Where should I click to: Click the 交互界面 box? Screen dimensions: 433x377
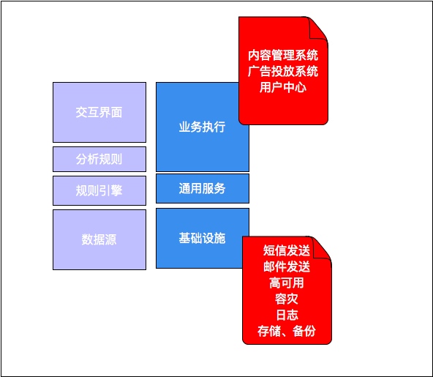(99, 112)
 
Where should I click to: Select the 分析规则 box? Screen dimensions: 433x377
(99, 159)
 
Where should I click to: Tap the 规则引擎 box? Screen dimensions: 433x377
(99, 191)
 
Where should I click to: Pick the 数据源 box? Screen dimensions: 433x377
(99, 239)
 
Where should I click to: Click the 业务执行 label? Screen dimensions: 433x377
(202, 127)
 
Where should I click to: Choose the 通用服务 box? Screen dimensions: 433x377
(203, 189)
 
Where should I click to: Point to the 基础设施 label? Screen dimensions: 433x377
(202, 238)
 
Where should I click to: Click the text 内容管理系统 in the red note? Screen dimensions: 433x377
(283, 56)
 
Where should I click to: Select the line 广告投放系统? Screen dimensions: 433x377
(283, 71)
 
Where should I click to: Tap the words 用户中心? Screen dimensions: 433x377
(283, 87)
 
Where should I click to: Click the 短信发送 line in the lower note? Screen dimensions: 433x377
(287, 250)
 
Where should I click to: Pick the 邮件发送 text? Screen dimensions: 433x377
(287, 266)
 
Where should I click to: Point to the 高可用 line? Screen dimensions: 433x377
(287, 283)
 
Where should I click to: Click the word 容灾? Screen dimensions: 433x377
(287, 299)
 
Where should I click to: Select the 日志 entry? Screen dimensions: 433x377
(287, 315)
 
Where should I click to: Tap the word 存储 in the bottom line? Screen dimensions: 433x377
(269, 331)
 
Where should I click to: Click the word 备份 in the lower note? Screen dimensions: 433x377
(304, 331)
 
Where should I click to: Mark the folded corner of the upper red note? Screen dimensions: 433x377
(317, 29)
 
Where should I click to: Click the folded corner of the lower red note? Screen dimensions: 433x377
(320, 249)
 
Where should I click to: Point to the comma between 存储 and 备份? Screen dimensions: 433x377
(285, 335)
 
